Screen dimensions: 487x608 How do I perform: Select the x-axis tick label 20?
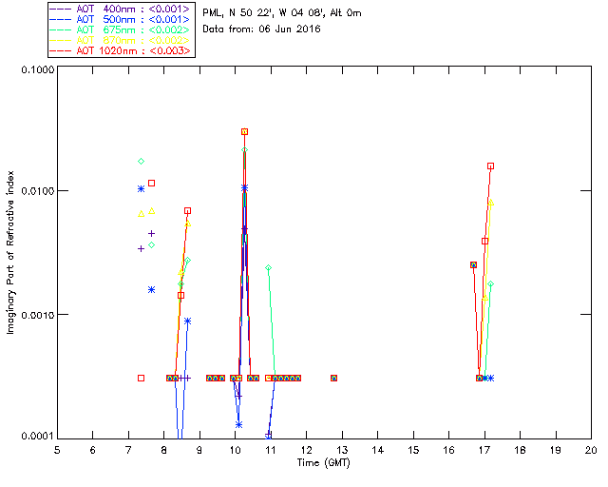click(x=591, y=449)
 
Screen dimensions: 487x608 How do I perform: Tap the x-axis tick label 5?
click(x=57, y=449)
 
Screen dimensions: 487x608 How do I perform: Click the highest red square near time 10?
click(x=244, y=132)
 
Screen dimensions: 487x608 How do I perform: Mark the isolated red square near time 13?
click(x=333, y=379)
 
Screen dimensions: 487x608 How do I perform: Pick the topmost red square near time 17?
click(x=490, y=166)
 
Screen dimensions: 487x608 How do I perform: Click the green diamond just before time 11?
click(x=268, y=268)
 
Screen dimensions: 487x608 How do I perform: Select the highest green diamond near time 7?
click(x=141, y=162)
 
